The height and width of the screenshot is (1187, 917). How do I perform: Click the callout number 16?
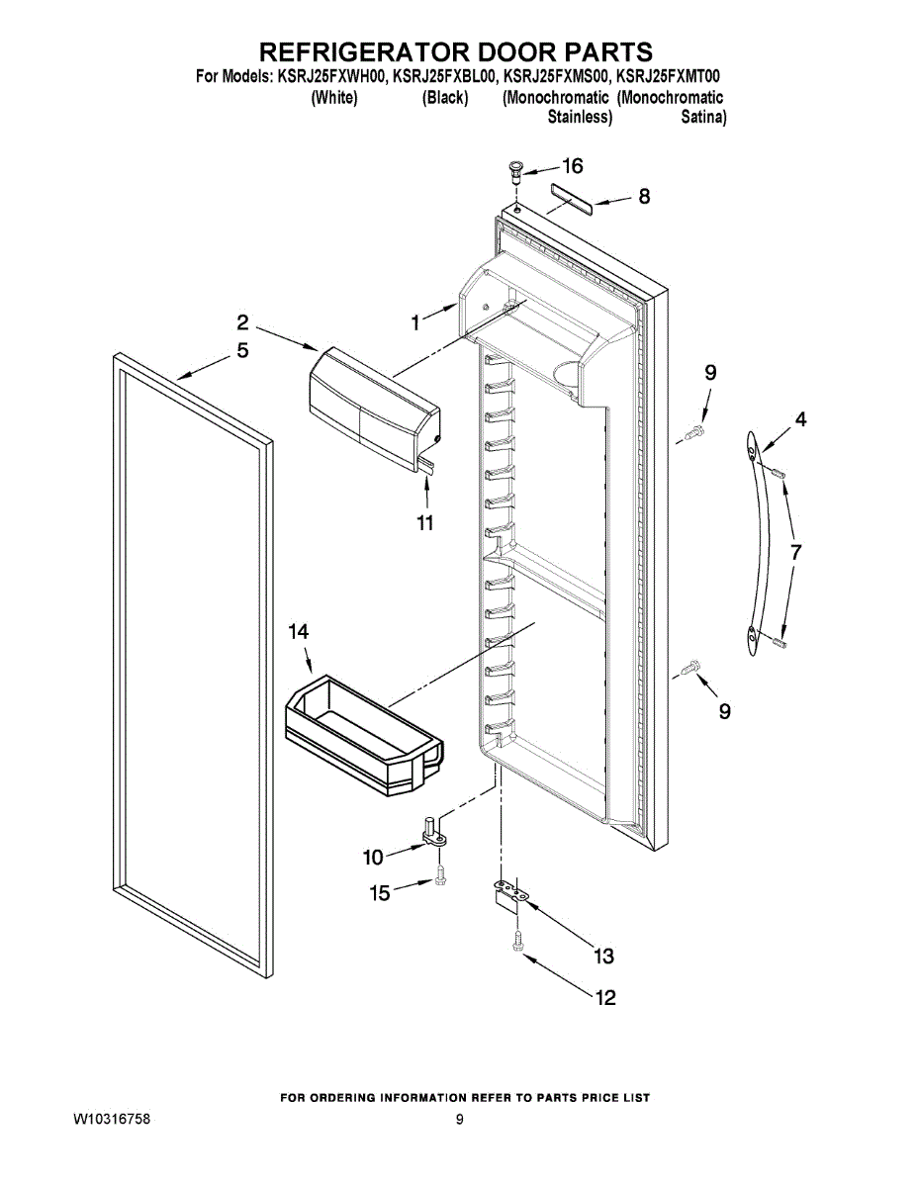coord(573,166)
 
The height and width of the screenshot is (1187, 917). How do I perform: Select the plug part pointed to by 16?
coord(515,171)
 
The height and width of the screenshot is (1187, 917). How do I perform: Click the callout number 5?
coord(242,350)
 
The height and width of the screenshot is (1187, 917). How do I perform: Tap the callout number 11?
coord(424,523)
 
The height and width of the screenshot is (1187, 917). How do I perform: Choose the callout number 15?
coord(380,893)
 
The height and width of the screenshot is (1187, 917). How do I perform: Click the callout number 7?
coord(795,552)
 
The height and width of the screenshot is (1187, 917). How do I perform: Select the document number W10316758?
coord(112,1120)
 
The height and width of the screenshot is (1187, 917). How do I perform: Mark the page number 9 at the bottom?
coord(459,1120)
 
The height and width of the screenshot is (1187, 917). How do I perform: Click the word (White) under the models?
coord(334,98)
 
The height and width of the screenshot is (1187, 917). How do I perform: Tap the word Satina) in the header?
coord(703,117)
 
